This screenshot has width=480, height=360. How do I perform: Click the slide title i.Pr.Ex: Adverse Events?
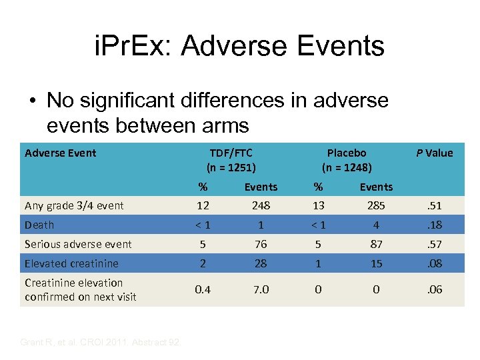coord(239,46)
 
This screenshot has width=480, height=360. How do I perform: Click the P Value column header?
coord(435,153)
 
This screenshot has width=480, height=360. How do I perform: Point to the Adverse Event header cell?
coord(61,153)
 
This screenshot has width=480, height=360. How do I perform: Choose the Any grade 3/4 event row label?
coord(74,205)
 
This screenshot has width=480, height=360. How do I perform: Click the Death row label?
coord(39,225)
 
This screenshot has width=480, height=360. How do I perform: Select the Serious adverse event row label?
coord(78,244)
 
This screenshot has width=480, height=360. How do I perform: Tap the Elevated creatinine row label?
coord(71,263)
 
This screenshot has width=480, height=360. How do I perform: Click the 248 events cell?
coord(261,205)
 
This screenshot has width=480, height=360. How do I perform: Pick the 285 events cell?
coord(376,205)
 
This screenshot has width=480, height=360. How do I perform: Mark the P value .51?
coord(435,205)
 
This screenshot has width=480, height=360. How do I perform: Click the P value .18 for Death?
coord(435,225)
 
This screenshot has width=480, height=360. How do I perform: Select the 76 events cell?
coord(261,244)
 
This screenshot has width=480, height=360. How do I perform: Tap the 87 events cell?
coord(376,244)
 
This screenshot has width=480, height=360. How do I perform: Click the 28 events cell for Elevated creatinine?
coord(261,263)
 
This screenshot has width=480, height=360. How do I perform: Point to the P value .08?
coord(435,263)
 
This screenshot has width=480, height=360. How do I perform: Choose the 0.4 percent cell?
coord(203,289)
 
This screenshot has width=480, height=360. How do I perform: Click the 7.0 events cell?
coord(261,289)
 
